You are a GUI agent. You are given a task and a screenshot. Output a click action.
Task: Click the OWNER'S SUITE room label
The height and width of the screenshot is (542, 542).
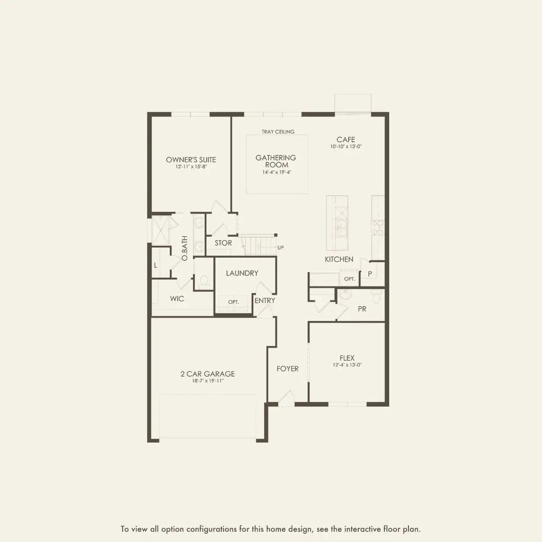click(191, 160)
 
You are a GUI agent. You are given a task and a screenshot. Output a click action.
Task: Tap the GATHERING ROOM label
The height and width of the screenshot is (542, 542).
click(276, 161)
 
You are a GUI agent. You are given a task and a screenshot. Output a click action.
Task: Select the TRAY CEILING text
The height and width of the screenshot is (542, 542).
click(278, 132)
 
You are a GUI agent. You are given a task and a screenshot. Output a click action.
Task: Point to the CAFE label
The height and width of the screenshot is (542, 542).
click(346, 139)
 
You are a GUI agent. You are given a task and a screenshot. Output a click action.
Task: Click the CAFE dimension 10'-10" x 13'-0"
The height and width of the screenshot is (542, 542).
click(346, 147)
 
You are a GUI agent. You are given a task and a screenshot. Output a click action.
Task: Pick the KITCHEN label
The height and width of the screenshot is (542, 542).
click(339, 259)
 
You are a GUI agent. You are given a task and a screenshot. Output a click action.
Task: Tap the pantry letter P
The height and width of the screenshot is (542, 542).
click(370, 274)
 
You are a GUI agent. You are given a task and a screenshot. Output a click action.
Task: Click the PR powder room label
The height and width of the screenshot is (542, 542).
click(362, 309)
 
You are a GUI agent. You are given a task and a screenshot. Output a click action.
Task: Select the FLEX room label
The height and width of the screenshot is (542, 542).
click(347, 358)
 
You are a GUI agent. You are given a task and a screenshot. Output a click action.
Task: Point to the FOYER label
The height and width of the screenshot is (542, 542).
click(288, 369)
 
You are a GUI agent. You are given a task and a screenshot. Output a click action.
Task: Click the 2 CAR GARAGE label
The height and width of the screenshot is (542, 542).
click(207, 374)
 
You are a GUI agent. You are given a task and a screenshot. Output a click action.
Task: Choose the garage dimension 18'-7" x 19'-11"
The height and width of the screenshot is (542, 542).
click(207, 381)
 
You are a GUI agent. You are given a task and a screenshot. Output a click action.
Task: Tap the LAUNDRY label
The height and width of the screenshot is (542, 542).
click(242, 273)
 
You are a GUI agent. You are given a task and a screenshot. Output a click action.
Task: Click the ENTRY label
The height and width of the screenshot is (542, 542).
click(265, 301)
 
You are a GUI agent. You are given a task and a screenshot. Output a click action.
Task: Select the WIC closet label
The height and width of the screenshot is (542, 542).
click(177, 299)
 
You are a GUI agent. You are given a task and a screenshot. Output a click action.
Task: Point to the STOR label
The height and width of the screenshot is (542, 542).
click(223, 243)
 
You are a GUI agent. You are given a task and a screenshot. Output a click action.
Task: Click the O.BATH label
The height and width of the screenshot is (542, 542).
click(185, 248)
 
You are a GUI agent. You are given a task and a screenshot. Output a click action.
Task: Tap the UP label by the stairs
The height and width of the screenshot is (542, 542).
click(281, 248)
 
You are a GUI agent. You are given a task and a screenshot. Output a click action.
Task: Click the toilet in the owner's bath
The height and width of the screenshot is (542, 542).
click(204, 280)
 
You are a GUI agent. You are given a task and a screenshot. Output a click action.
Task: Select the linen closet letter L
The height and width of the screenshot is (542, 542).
click(156, 265)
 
